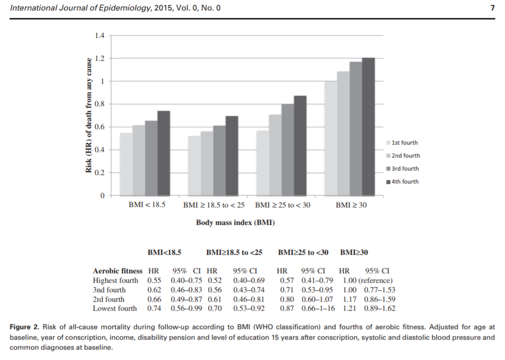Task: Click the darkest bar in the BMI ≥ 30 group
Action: coord(368,127)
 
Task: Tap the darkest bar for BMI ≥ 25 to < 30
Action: coord(300,146)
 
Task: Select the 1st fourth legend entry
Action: coord(402,143)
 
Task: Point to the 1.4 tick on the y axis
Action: coord(99,36)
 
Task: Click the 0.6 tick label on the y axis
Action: coord(99,127)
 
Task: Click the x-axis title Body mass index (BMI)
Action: coord(235,223)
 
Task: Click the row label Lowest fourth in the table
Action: coord(115,309)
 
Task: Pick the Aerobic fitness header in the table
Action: coord(118,271)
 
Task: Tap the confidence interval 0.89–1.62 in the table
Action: coord(378,309)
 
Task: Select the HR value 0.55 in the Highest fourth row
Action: coord(154,280)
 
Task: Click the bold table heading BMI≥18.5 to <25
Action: coord(234,253)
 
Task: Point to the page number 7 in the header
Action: coord(493,8)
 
